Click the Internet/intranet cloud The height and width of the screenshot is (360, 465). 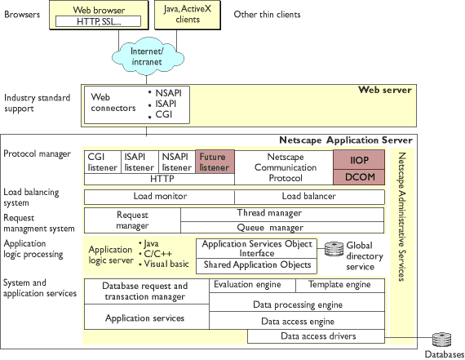click(x=148, y=56)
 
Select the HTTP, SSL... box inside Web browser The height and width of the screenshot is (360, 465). click(x=98, y=21)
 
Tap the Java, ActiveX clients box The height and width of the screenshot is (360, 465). click(x=188, y=15)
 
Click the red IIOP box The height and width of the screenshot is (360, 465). click(x=359, y=160)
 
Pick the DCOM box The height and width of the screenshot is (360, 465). click(x=359, y=177)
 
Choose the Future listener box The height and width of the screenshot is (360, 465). click(x=215, y=162)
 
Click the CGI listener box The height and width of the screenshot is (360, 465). click(x=103, y=162)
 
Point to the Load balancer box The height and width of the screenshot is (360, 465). click(x=309, y=197)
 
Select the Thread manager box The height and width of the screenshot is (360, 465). click(x=282, y=214)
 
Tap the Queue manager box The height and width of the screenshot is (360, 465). click(x=282, y=227)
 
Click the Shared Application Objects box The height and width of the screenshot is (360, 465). click(x=256, y=265)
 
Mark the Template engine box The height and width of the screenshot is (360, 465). click(x=340, y=285)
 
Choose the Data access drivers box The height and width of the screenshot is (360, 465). click(x=317, y=336)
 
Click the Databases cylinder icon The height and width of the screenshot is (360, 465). click(x=441, y=340)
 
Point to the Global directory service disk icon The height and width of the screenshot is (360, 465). click(x=334, y=249)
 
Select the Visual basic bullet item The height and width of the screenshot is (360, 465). click(x=164, y=264)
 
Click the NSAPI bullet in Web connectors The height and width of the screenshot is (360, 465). click(x=165, y=93)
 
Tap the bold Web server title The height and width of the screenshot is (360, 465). click(x=385, y=90)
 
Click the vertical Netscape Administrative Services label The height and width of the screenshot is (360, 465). click(x=401, y=216)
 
